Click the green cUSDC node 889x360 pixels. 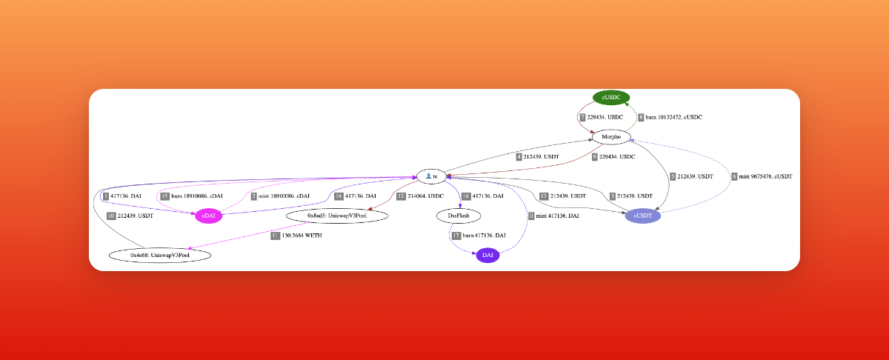pyautogui.click(x=611, y=98)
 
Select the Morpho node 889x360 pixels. pyautogui.click(x=611, y=137)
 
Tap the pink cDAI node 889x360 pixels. pyautogui.click(x=209, y=216)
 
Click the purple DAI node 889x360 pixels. pyautogui.click(x=487, y=256)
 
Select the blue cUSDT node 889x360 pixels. pyautogui.click(x=642, y=216)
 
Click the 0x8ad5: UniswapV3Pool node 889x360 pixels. pyautogui.click(x=337, y=216)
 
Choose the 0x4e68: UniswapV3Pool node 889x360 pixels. pyautogui.click(x=160, y=255)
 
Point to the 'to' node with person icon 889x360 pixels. pyautogui.click(x=432, y=176)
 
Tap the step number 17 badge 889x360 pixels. pyautogui.click(x=456, y=235)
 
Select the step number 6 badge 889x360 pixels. pyautogui.click(x=733, y=176)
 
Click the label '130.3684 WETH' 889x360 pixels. pyautogui.click(x=302, y=235)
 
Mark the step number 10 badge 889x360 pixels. pyautogui.click(x=111, y=216)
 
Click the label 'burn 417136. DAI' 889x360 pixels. pyautogui.click(x=485, y=235)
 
